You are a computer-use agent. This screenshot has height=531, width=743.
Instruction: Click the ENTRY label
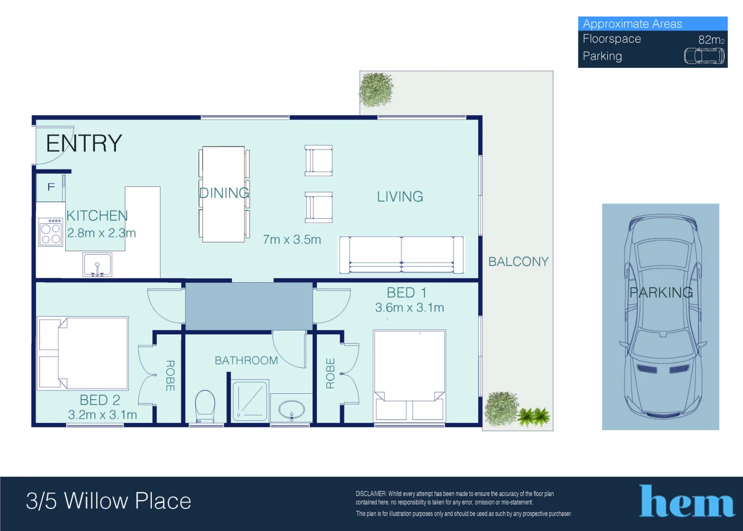pos(84,144)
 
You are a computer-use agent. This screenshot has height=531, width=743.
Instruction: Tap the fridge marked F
pos(51,187)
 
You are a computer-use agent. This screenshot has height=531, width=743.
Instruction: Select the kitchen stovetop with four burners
pos(51,233)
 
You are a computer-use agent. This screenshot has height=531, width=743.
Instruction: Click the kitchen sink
pos(97,265)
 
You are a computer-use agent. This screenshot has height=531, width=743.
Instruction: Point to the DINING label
pos(224,193)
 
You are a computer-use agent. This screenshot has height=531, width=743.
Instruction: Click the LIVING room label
pos(400,197)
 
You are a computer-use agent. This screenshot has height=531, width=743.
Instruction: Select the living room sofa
pos(401,255)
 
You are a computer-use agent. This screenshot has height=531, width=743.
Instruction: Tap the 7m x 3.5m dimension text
pos(292,239)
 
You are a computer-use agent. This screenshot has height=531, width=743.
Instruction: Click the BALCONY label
pos(518,262)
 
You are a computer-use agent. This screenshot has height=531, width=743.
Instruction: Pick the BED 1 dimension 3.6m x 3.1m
pos(409,308)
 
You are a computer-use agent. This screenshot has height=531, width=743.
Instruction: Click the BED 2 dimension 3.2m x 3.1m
pos(102,415)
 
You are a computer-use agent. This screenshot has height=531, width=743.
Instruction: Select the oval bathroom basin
pos(291,409)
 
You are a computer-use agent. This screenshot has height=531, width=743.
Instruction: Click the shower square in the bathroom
pos(250,400)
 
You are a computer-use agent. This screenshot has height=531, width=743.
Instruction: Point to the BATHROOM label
pos(246,360)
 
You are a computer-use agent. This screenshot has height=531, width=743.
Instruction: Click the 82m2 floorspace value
pos(711,40)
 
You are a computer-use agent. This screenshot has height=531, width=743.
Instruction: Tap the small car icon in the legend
pos(704,56)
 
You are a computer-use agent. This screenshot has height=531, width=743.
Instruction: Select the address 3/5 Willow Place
pos(109,501)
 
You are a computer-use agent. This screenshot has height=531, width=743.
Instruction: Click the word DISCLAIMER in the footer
pos(371,494)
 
